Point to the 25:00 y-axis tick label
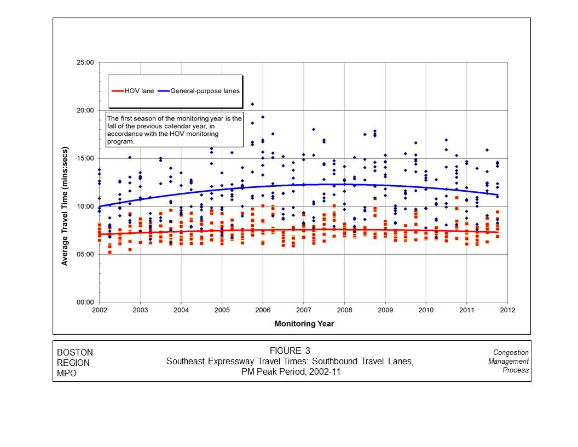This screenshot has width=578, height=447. click(85, 62)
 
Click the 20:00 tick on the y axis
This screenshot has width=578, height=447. click(85, 110)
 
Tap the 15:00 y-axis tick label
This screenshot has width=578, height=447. click(85, 158)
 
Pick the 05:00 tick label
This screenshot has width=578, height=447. click(85, 254)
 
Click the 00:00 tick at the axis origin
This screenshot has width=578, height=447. click(85, 302)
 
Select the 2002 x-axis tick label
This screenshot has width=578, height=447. click(100, 311)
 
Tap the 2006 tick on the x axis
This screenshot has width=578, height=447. click(263, 311)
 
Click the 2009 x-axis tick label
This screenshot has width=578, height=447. click(385, 311)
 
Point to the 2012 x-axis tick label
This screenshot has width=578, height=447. click(507, 311)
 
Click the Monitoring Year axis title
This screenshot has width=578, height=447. click(304, 324)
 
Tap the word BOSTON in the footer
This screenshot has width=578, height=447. click(75, 352)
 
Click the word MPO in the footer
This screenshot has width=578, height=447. click(67, 373)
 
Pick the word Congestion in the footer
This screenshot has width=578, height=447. click(511, 352)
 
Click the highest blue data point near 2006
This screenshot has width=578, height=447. click(252, 104)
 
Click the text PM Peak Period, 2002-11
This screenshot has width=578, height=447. click(290, 371)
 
